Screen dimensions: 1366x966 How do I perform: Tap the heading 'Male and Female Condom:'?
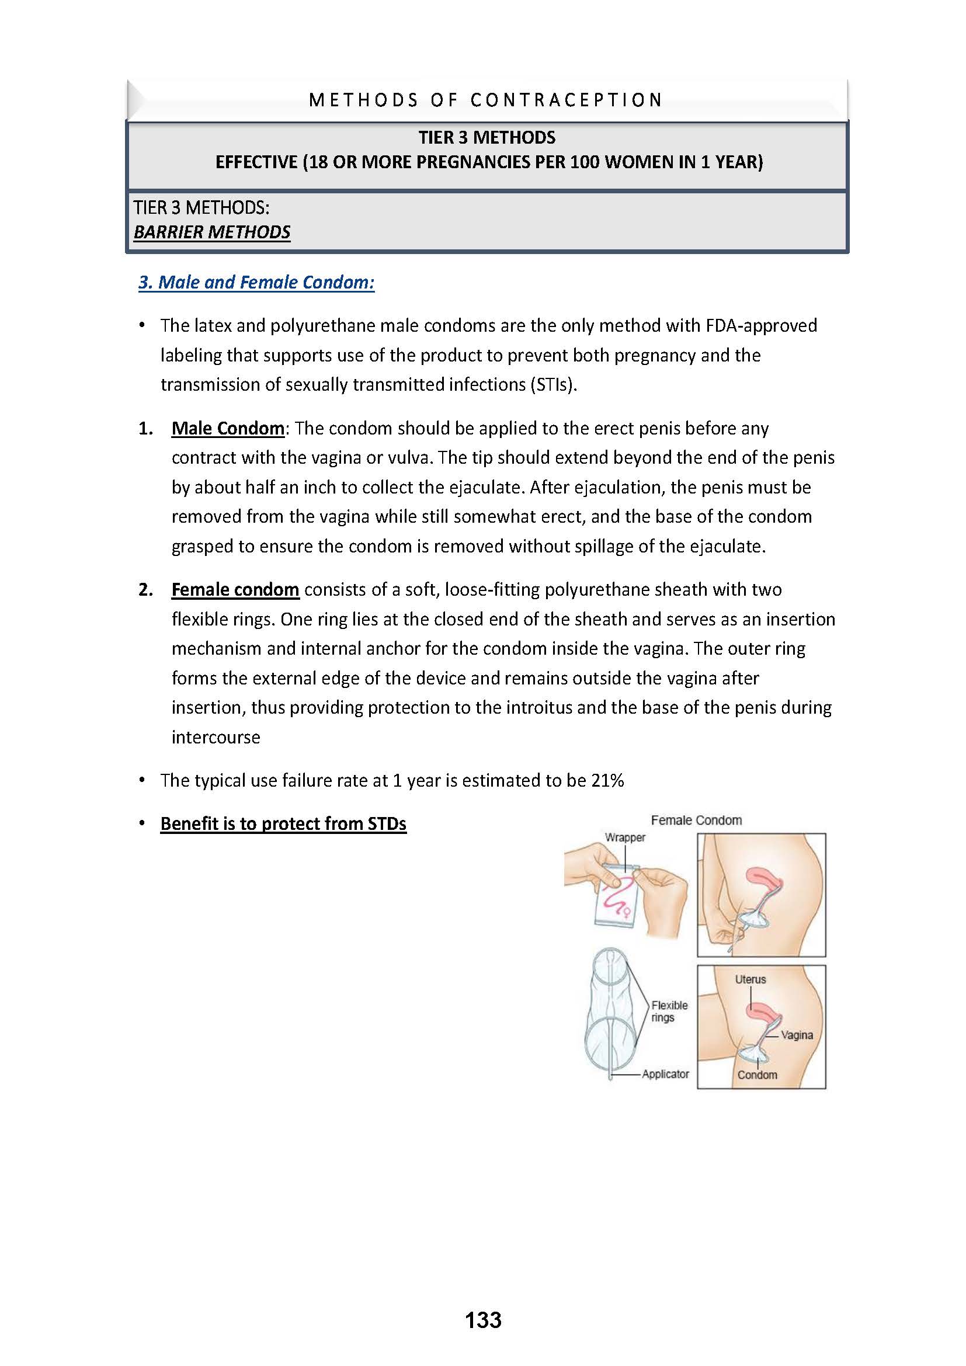[x=256, y=282]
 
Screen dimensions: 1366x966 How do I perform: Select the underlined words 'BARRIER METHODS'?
[x=212, y=232]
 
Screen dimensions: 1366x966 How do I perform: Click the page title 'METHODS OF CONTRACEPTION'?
[x=485, y=100]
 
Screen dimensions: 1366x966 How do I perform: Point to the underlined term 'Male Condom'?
[x=228, y=428]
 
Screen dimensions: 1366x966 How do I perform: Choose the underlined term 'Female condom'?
[x=235, y=590]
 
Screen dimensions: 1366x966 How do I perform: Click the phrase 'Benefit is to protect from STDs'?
[x=283, y=824]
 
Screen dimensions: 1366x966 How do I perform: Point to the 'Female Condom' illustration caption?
[x=696, y=821]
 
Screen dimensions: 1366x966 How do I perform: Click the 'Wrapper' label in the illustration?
[x=624, y=837]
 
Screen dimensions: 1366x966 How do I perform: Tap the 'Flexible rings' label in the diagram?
[x=669, y=1011]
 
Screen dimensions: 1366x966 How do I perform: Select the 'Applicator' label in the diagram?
[x=665, y=1074]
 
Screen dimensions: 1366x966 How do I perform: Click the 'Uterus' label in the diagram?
[x=750, y=979]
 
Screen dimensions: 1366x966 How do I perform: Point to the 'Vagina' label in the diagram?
[x=797, y=1035]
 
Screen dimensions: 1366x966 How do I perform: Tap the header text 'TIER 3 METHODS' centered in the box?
[x=487, y=138]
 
